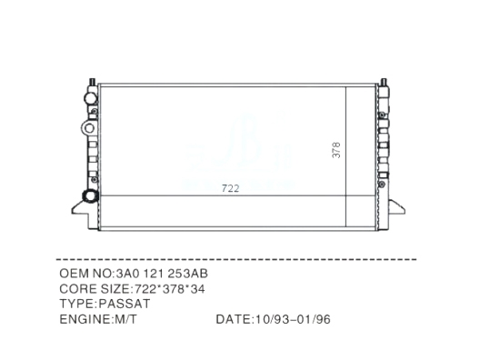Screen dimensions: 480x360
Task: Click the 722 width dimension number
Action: coord(230,188)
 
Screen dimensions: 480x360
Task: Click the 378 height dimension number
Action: coord(336,150)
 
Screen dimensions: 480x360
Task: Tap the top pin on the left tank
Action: coord(92,82)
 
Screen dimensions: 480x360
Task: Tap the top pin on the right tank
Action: coord(384,83)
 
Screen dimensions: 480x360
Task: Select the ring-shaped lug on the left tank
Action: coord(88,128)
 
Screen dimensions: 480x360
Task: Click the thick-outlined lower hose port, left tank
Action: coord(90,196)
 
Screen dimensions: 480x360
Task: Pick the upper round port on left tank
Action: coord(91,98)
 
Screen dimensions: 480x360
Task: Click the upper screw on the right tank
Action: coord(382,115)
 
